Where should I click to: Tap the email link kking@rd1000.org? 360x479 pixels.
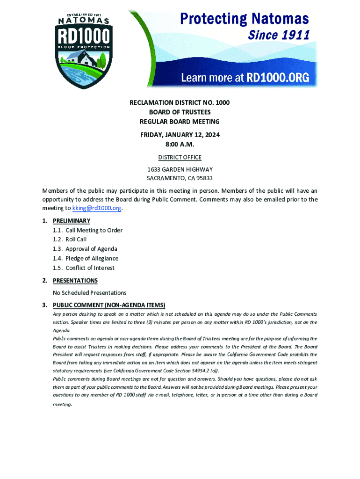coord(97,208)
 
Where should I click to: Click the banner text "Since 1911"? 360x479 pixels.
coord(279,35)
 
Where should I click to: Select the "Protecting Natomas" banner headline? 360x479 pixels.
coord(245,19)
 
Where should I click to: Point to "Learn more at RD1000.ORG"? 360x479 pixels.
coord(245,78)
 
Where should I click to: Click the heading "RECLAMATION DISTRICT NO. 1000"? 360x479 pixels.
coord(180,102)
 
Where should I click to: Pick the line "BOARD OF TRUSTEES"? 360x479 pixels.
coord(180,112)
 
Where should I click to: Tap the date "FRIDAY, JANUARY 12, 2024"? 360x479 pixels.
coord(180,135)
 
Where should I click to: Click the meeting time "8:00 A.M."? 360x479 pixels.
coord(180,144)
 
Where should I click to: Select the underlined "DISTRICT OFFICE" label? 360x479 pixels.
coord(180,158)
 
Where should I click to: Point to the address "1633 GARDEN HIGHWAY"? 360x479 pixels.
coord(180,169)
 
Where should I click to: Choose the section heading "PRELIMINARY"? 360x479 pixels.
coord(72,221)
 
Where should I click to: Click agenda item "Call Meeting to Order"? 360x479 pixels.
coord(94,230)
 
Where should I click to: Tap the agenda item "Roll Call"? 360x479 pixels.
coord(76,239)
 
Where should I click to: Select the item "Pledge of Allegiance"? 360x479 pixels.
coord(92,258)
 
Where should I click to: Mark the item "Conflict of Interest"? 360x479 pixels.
coord(90,268)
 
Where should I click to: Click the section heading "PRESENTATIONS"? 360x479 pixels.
coord(75,281)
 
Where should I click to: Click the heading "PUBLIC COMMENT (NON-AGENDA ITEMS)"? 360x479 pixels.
coord(109,305)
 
